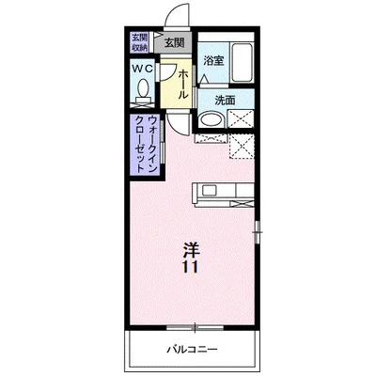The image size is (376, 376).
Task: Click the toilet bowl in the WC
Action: tap(143, 91)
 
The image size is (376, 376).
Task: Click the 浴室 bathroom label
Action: tap(213, 61)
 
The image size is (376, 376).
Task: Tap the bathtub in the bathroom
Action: tap(242, 65)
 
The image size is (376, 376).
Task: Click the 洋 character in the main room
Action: tap(190, 249)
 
